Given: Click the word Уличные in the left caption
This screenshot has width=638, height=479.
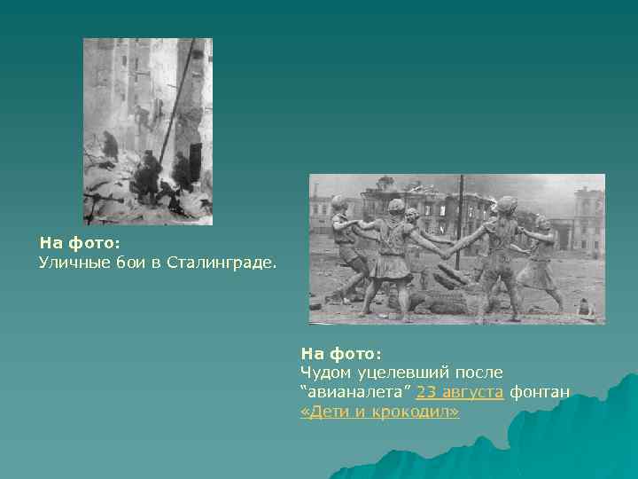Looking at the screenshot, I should click(x=72, y=263).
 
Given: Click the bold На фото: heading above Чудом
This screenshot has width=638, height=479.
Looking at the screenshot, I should click(x=341, y=353).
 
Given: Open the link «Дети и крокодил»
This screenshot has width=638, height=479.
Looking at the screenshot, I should click(x=380, y=412).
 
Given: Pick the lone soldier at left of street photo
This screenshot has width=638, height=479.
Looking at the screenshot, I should click(x=110, y=146).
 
